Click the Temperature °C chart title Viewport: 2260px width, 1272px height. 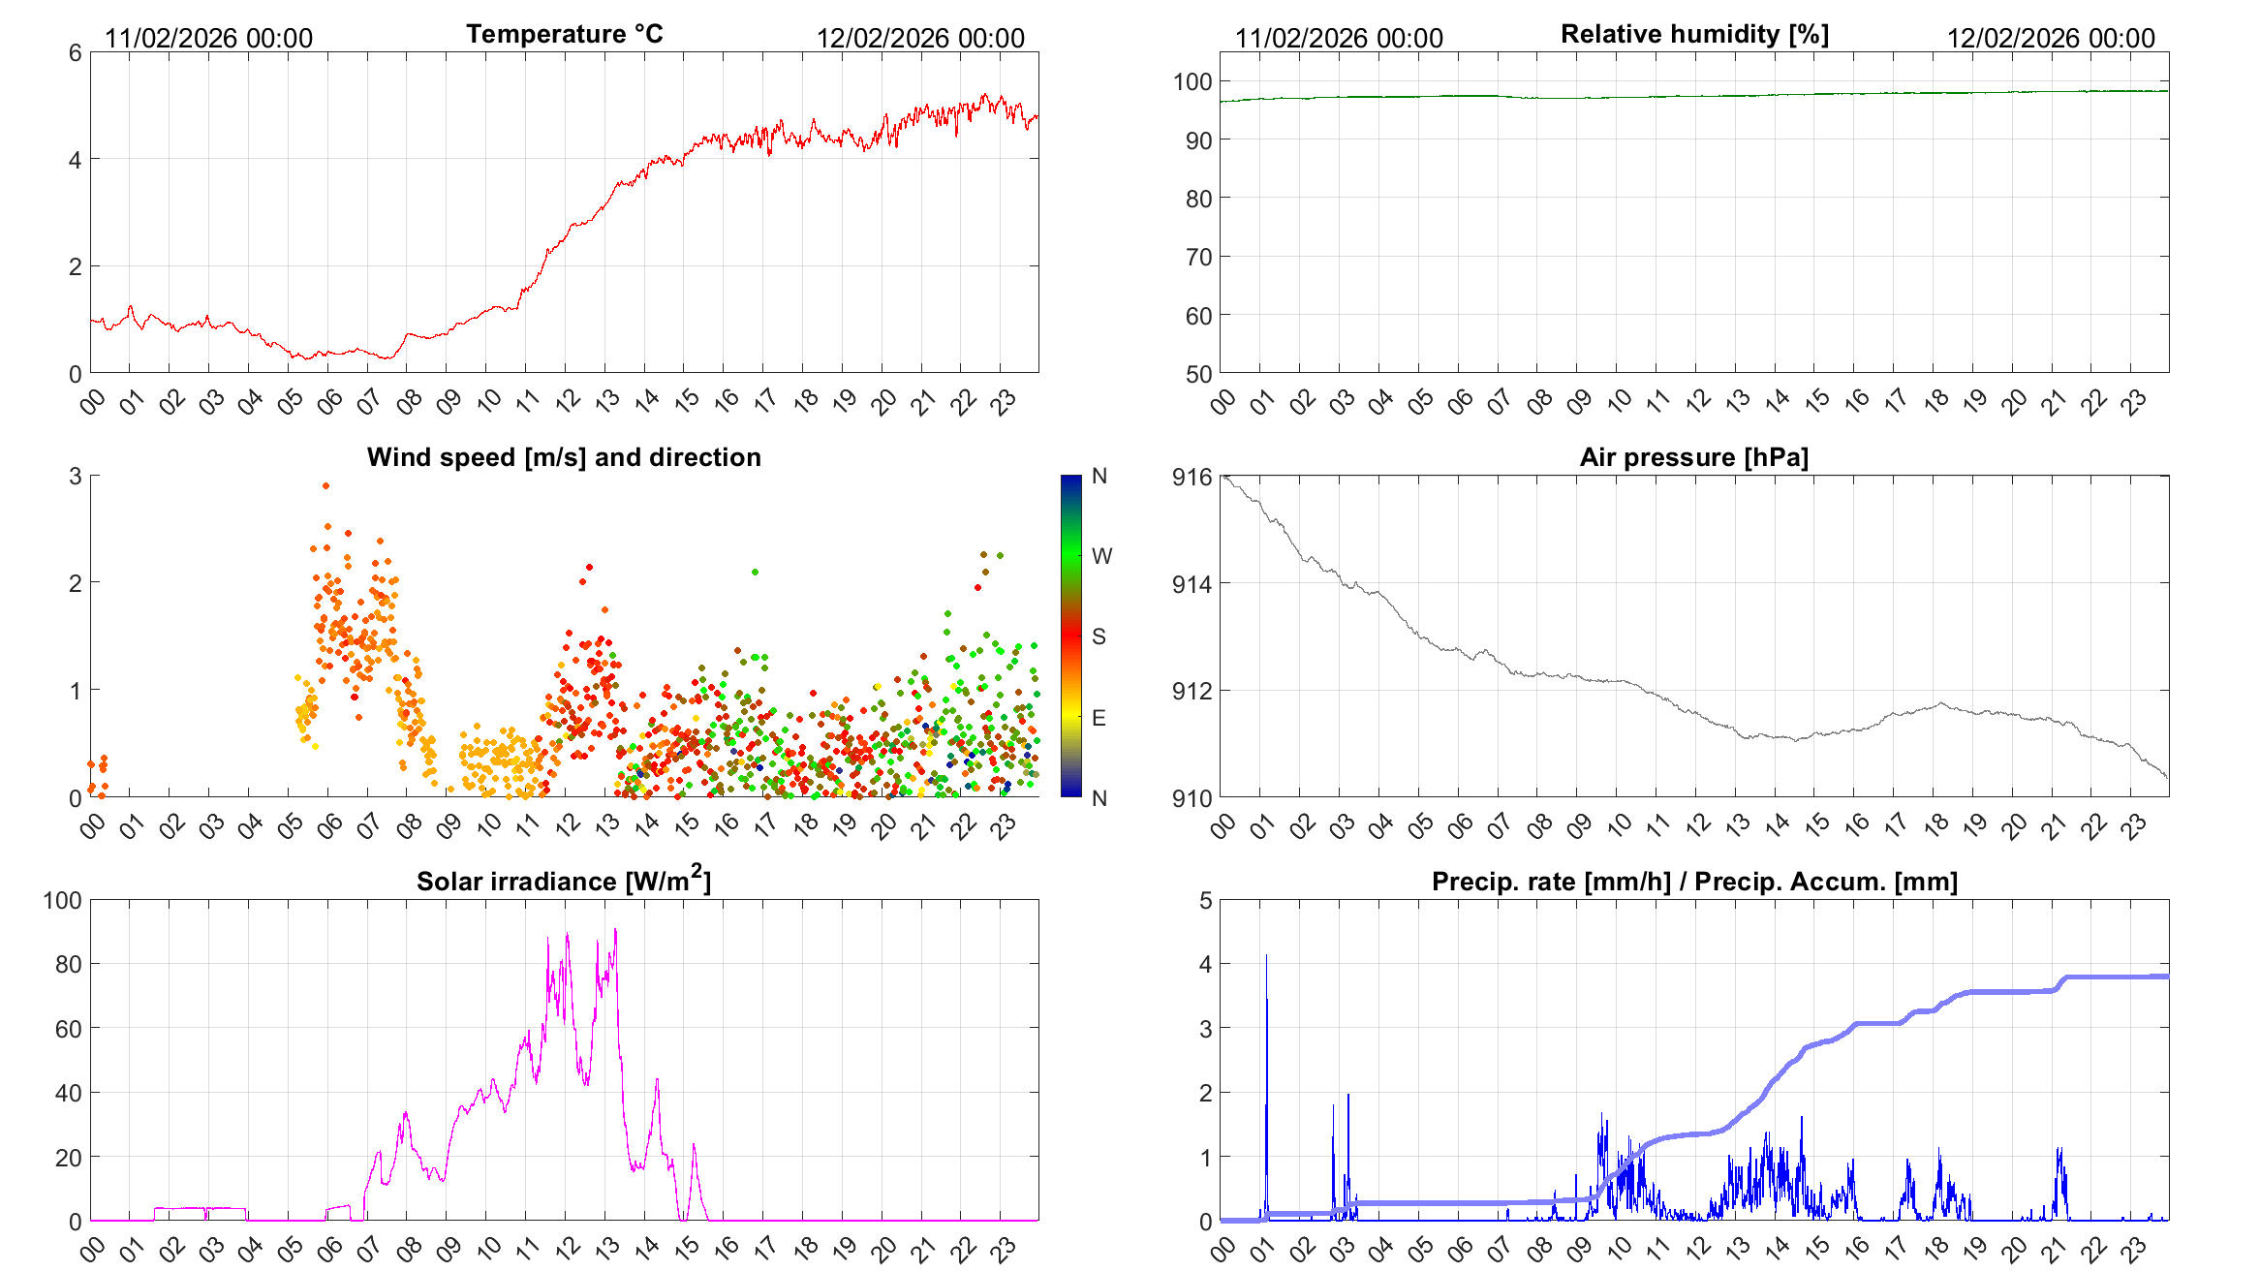pyautogui.click(x=564, y=34)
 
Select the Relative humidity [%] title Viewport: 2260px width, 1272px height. pyautogui.click(x=1694, y=34)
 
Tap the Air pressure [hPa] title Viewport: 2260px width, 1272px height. pyautogui.click(x=1693, y=457)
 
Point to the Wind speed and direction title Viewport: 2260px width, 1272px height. pyautogui.click(x=564, y=457)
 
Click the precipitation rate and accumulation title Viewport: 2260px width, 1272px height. pyautogui.click(x=1694, y=882)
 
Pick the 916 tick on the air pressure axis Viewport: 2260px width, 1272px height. pyautogui.click(x=1192, y=477)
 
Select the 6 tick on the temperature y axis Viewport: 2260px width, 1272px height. pyautogui.click(x=75, y=53)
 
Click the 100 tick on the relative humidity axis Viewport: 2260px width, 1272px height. pyautogui.click(x=1192, y=82)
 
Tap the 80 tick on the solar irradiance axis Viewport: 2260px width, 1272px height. pyautogui.click(x=68, y=965)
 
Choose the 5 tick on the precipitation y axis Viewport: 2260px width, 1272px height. pyautogui.click(x=1205, y=901)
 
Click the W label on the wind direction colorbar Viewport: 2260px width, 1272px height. pyautogui.click(x=1101, y=556)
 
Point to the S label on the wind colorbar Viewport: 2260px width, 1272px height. pyautogui.click(x=1099, y=636)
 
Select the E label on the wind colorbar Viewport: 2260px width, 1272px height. pyautogui.click(x=1099, y=718)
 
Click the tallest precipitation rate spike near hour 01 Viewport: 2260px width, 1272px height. pyautogui.click(x=1266, y=957)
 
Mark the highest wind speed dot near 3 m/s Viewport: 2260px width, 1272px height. pyautogui.click(x=326, y=486)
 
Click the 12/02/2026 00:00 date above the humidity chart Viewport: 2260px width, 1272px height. pyautogui.click(x=2051, y=39)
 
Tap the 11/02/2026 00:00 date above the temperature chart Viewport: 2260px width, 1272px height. pyautogui.click(x=208, y=39)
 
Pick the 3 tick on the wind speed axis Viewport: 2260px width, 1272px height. pyautogui.click(x=75, y=477)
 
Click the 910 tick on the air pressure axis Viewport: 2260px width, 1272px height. pyautogui.click(x=1192, y=799)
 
